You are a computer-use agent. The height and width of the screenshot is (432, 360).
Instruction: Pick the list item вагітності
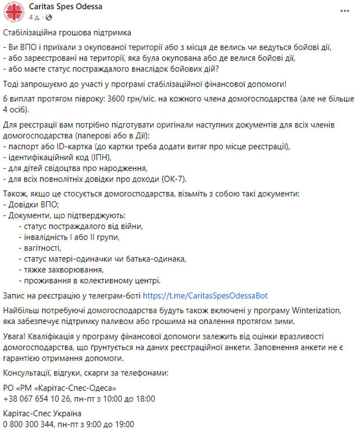click(x=39, y=248)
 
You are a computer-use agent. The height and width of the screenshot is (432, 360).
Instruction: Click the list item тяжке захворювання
click(x=58, y=269)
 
